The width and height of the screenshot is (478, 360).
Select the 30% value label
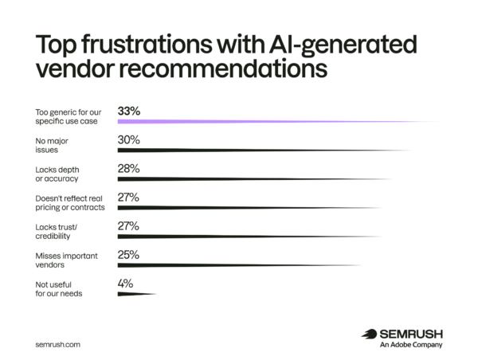[128, 140]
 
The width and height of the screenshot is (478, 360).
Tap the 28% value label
[128, 169]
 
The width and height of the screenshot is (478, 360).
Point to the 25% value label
[128, 255]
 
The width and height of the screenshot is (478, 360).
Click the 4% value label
[125, 284]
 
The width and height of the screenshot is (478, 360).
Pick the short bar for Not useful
[137, 294]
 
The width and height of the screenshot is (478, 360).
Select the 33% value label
[129, 112]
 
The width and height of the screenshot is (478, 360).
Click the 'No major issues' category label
[52, 146]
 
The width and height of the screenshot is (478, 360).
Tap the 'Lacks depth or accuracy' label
[57, 174]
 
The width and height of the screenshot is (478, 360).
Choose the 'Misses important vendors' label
[66, 260]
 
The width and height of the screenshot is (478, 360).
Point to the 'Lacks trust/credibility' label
[57, 232]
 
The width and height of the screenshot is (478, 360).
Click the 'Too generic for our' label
[69, 112]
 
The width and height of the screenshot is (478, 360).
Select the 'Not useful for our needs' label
[59, 289]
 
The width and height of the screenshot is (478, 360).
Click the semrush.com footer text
[57, 344]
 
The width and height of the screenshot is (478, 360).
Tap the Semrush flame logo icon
[369, 334]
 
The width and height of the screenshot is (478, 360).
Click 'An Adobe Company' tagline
[411, 345]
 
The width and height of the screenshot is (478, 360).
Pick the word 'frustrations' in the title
[147, 45]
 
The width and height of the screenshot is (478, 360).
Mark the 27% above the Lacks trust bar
[128, 226]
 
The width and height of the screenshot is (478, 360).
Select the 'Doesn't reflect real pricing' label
[70, 203]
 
